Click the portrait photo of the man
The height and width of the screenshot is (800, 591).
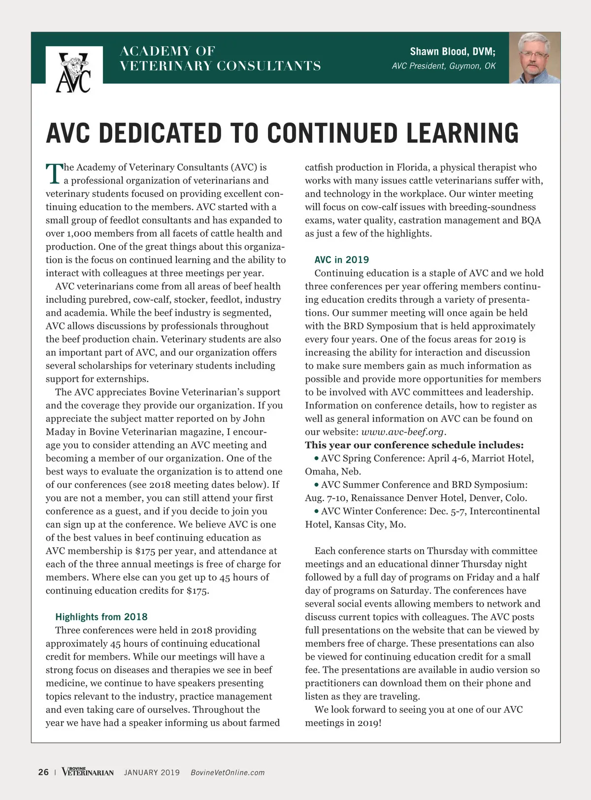(x=534, y=58)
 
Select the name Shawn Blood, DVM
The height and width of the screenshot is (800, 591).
(x=453, y=52)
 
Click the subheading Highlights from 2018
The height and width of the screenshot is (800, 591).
(x=101, y=617)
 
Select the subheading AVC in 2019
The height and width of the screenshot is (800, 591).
(x=342, y=259)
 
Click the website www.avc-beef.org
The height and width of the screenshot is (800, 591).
(x=403, y=432)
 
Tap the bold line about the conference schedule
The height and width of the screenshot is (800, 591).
(x=414, y=445)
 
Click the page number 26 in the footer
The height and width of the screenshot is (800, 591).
(x=43, y=772)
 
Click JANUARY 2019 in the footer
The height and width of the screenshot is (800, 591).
(x=152, y=772)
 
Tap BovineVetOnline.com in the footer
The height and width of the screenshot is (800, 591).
(x=228, y=772)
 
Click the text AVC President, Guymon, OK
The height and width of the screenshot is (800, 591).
(x=443, y=66)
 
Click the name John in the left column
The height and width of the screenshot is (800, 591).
(x=255, y=419)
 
